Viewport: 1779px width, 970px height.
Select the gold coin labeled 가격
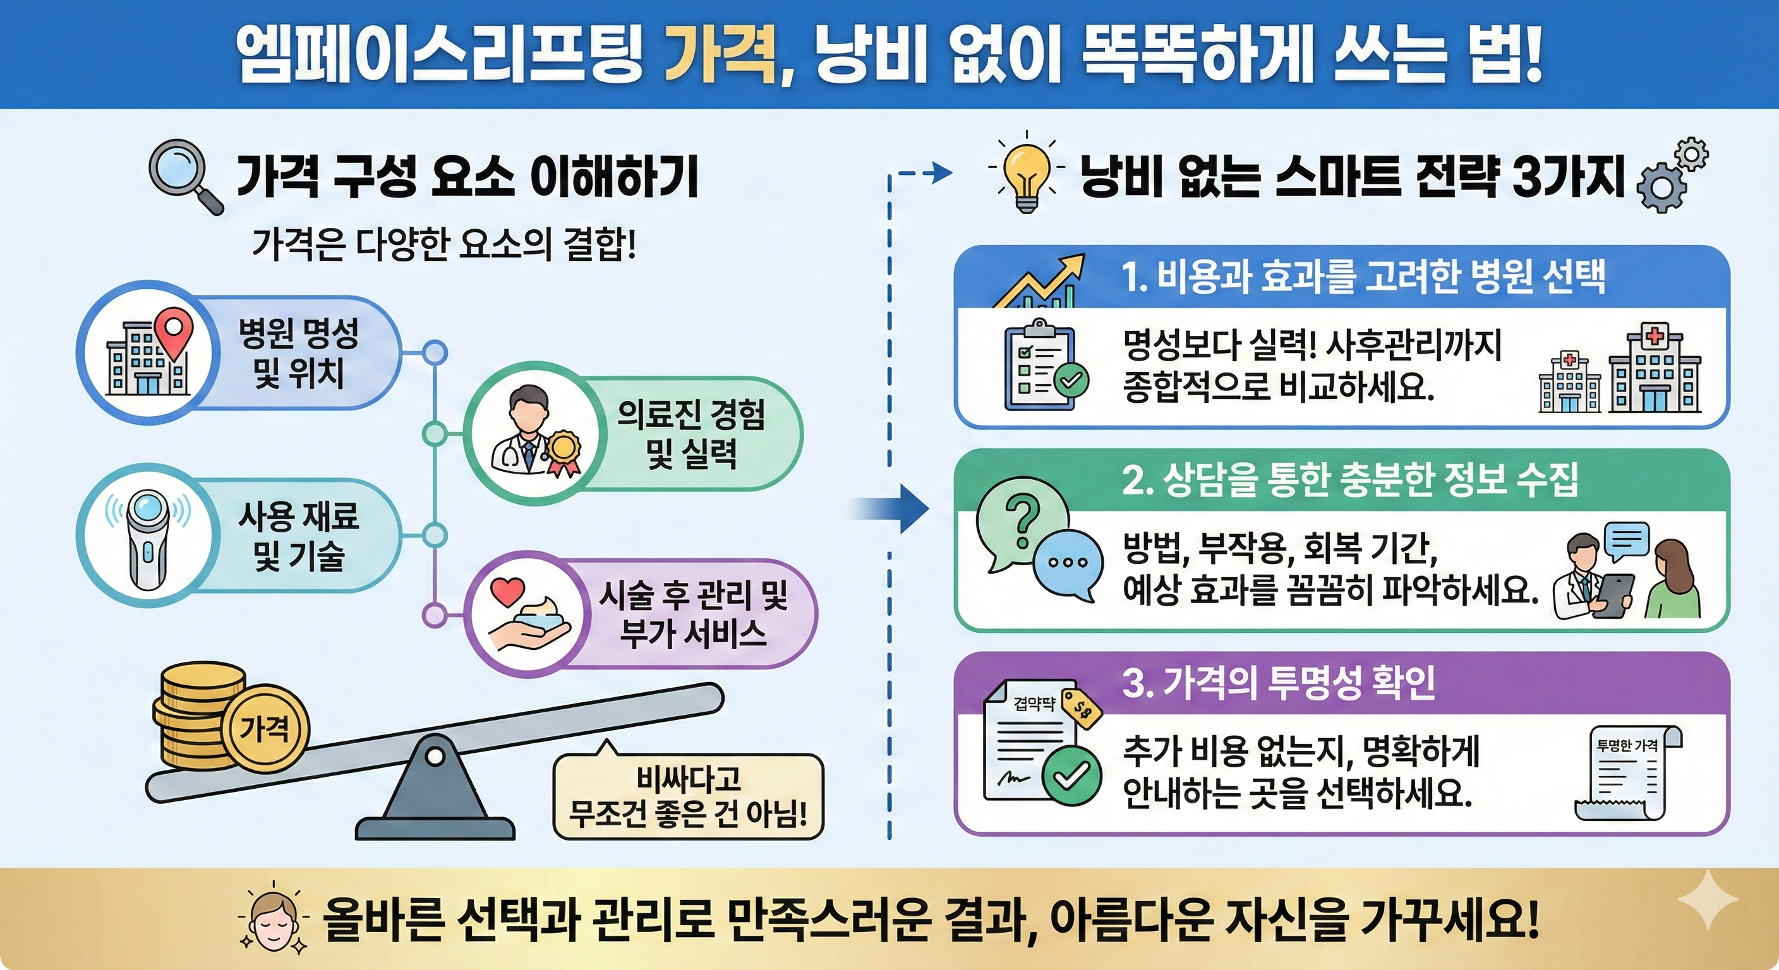pyautogui.click(x=265, y=729)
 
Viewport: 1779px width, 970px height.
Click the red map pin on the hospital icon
pyautogui.click(x=172, y=333)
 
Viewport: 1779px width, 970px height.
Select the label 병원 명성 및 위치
pyautogui.click(x=298, y=353)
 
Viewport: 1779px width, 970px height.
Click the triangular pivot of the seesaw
pyautogui.click(x=435, y=786)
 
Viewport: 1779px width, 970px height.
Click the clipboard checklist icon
pyautogui.click(x=1043, y=365)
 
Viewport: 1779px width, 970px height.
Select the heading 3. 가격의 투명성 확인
pyautogui.click(x=1278, y=683)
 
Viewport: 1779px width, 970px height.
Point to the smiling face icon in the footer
pyautogui.click(x=272, y=919)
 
